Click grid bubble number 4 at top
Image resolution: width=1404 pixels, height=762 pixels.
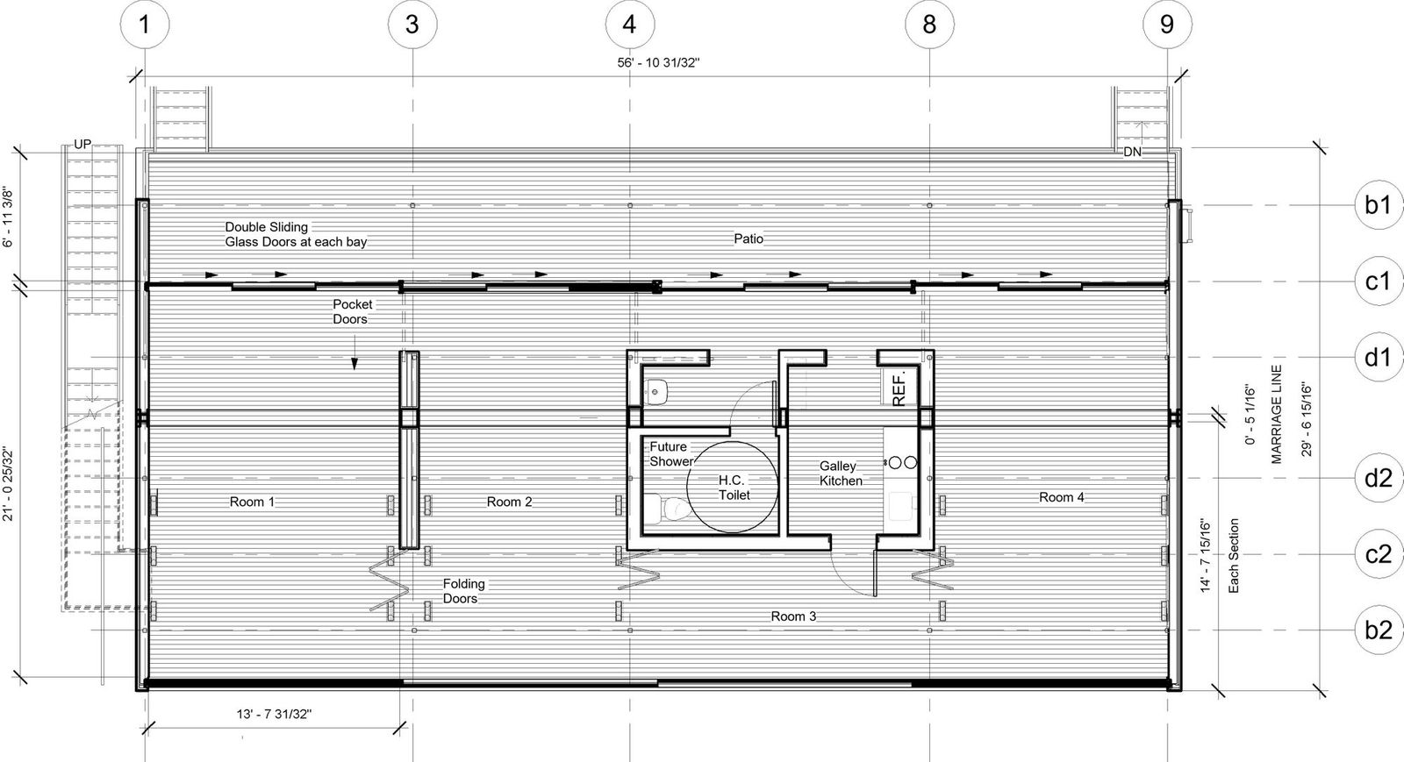[629, 24]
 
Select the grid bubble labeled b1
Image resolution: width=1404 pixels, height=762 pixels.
[1378, 205]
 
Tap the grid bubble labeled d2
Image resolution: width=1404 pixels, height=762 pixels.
[1378, 478]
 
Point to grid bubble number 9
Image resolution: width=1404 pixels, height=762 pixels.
[1166, 24]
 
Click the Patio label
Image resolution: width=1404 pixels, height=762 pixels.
[749, 239]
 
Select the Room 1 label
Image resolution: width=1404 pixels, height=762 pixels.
[252, 502]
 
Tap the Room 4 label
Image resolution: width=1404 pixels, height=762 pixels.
[1061, 497]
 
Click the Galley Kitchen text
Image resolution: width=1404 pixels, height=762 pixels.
[841, 474]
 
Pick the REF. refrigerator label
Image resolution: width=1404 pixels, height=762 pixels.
[899, 387]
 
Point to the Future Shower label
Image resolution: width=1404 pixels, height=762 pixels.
[671, 454]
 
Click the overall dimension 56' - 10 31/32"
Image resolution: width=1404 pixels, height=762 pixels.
[658, 63]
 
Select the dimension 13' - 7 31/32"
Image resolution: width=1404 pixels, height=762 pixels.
[275, 714]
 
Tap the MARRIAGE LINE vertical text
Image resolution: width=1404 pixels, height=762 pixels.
[1277, 414]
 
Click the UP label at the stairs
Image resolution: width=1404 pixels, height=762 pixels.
[82, 145]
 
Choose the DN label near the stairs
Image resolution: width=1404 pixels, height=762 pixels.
[1132, 152]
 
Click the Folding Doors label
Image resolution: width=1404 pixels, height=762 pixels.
[463, 591]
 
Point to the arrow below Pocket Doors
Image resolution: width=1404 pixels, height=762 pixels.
[355, 362]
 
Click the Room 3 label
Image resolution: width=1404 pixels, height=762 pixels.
[793, 616]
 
